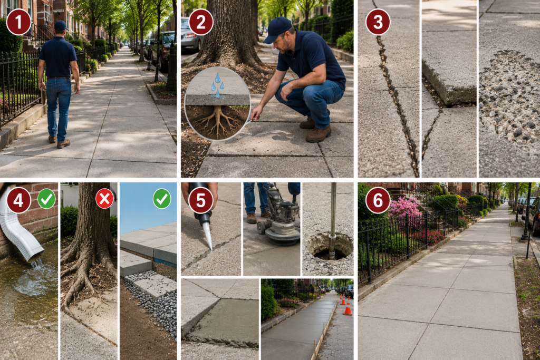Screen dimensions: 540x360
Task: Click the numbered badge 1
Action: pyautogui.click(x=18, y=22)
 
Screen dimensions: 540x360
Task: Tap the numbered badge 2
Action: pyautogui.click(x=201, y=22)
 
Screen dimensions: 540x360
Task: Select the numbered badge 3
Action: pyautogui.click(x=378, y=22)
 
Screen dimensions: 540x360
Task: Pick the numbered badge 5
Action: pyautogui.click(x=201, y=200)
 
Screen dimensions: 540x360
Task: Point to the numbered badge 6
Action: pyautogui.click(x=378, y=200)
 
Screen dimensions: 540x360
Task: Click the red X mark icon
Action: pyautogui.click(x=105, y=199)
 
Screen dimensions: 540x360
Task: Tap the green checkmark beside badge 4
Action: pyautogui.click(x=46, y=199)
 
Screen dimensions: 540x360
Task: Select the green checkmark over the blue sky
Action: pyautogui.click(x=162, y=199)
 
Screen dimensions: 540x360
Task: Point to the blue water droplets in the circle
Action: pyautogui.click(x=217, y=85)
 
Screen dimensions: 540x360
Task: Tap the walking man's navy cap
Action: pyautogui.click(x=61, y=25)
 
